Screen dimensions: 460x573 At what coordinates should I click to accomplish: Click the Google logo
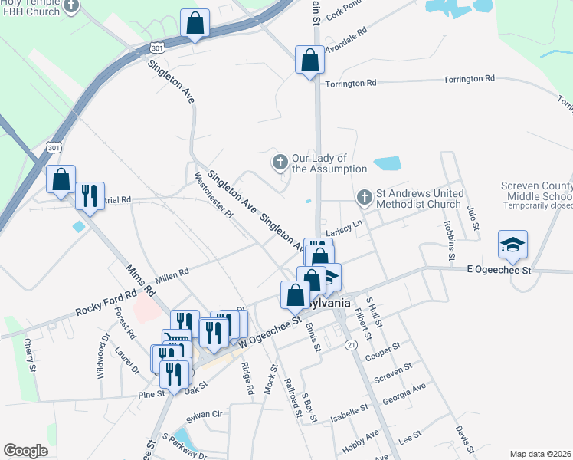(26, 451)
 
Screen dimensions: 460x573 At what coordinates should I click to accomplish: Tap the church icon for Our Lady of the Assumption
(280, 162)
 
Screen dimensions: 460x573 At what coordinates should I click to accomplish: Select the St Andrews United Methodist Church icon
(365, 198)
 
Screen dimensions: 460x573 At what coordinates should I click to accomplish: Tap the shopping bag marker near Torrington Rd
(309, 60)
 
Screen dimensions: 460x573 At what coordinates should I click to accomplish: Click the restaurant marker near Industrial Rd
(90, 196)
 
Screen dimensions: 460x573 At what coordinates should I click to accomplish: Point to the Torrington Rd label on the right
(469, 79)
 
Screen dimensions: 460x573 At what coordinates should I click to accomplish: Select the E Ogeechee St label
(499, 271)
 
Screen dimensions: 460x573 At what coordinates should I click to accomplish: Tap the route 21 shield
(351, 345)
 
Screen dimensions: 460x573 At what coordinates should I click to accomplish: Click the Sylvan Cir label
(205, 414)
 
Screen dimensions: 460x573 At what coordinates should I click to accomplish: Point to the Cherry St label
(31, 356)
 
